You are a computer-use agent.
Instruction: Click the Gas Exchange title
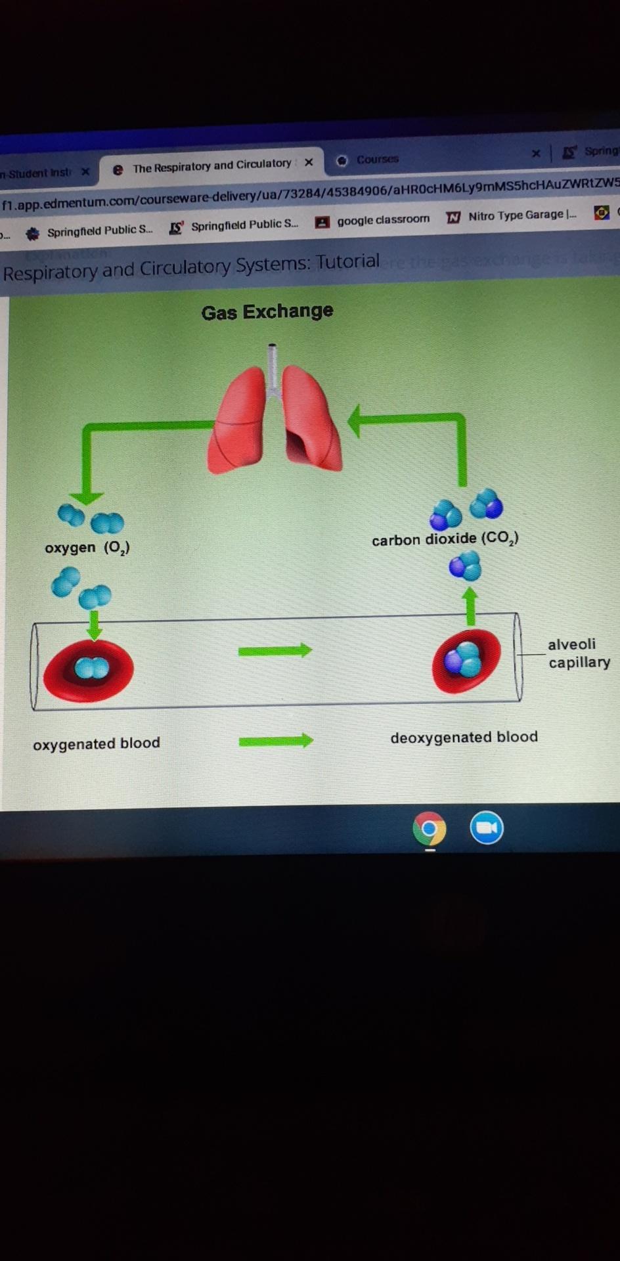[x=267, y=311]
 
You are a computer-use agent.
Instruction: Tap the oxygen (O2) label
[x=87, y=548]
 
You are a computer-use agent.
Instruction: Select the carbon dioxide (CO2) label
[x=445, y=539]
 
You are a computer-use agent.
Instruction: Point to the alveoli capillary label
[x=579, y=653]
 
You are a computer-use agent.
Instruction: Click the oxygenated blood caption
[x=97, y=743]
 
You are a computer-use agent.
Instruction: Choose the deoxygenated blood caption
[x=464, y=738]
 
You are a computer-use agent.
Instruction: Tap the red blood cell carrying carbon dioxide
[x=466, y=661]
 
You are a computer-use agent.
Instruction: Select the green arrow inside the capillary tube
[x=275, y=651]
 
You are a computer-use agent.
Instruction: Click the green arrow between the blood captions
[x=275, y=741]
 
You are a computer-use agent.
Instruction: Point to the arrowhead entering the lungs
[x=355, y=421]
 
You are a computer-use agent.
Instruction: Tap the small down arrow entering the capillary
[x=95, y=625]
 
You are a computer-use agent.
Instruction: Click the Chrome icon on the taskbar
[x=430, y=829]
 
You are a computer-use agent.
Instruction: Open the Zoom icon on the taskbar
[x=487, y=828]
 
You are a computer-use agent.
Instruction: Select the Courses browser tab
[x=377, y=160]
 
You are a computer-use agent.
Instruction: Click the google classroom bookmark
[x=383, y=220]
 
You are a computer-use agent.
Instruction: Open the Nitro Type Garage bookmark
[x=521, y=215]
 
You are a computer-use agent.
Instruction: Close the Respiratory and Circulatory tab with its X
[x=309, y=162]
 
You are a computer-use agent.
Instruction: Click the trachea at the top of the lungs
[x=273, y=368]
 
